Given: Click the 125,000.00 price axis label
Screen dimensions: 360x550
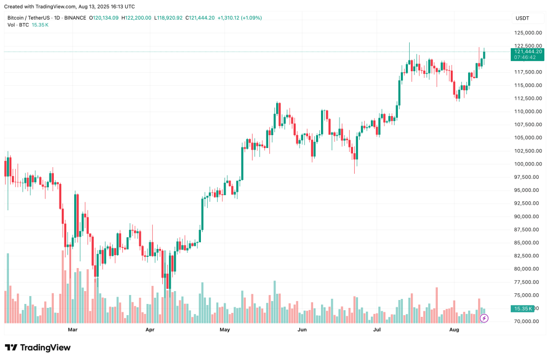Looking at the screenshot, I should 529,33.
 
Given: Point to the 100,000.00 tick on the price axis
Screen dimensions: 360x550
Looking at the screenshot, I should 529,164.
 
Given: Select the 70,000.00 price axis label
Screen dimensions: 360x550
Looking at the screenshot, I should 529,321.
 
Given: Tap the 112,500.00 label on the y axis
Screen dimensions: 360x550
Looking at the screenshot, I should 529,98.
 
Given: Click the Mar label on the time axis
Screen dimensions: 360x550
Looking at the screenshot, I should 72,330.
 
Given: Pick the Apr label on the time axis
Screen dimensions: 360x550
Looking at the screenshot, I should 150,330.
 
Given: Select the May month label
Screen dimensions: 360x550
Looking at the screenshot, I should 225,330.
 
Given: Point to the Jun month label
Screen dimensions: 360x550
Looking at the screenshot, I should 302,330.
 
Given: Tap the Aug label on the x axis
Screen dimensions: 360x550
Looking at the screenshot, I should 454,330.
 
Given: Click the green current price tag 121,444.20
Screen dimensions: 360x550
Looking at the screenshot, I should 528,52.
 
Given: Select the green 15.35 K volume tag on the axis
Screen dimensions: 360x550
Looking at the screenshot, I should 523,308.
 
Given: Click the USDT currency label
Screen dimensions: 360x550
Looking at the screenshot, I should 522,19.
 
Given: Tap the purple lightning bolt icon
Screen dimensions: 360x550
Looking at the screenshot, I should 484,318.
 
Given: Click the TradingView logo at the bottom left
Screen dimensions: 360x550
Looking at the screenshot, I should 38,348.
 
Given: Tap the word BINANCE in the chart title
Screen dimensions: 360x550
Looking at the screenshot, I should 76,18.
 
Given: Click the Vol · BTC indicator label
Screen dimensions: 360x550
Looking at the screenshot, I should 19,25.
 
